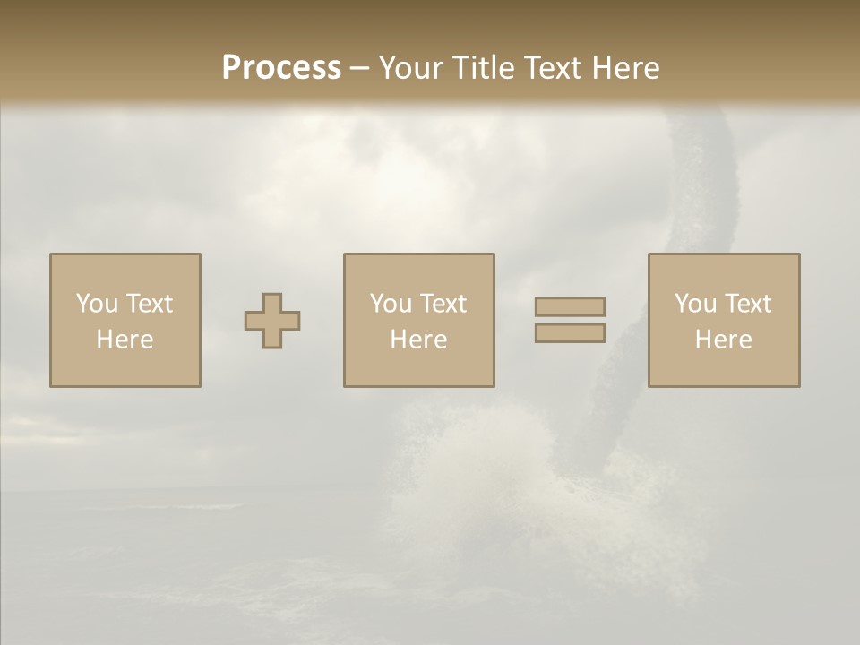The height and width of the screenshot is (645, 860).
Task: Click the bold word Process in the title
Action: pyautogui.click(x=281, y=67)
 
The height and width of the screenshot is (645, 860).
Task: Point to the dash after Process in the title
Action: pyautogui.click(x=359, y=69)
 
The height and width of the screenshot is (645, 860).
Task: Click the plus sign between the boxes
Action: pyautogui.click(x=272, y=321)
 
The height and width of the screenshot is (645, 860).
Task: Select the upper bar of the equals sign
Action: pyautogui.click(x=570, y=306)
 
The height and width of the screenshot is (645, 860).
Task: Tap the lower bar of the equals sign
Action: pyautogui.click(x=570, y=333)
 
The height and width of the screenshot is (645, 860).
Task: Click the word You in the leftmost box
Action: pyautogui.click(x=96, y=304)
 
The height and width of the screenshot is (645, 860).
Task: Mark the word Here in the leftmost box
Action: pyautogui.click(x=125, y=340)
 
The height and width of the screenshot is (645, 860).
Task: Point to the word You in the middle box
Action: pyautogui.click(x=390, y=304)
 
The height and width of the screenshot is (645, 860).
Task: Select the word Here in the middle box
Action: pyautogui.click(x=418, y=340)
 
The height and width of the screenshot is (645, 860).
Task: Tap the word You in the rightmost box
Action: pyautogui.click(x=694, y=304)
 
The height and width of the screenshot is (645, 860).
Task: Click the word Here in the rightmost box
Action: pyautogui.click(x=723, y=340)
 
